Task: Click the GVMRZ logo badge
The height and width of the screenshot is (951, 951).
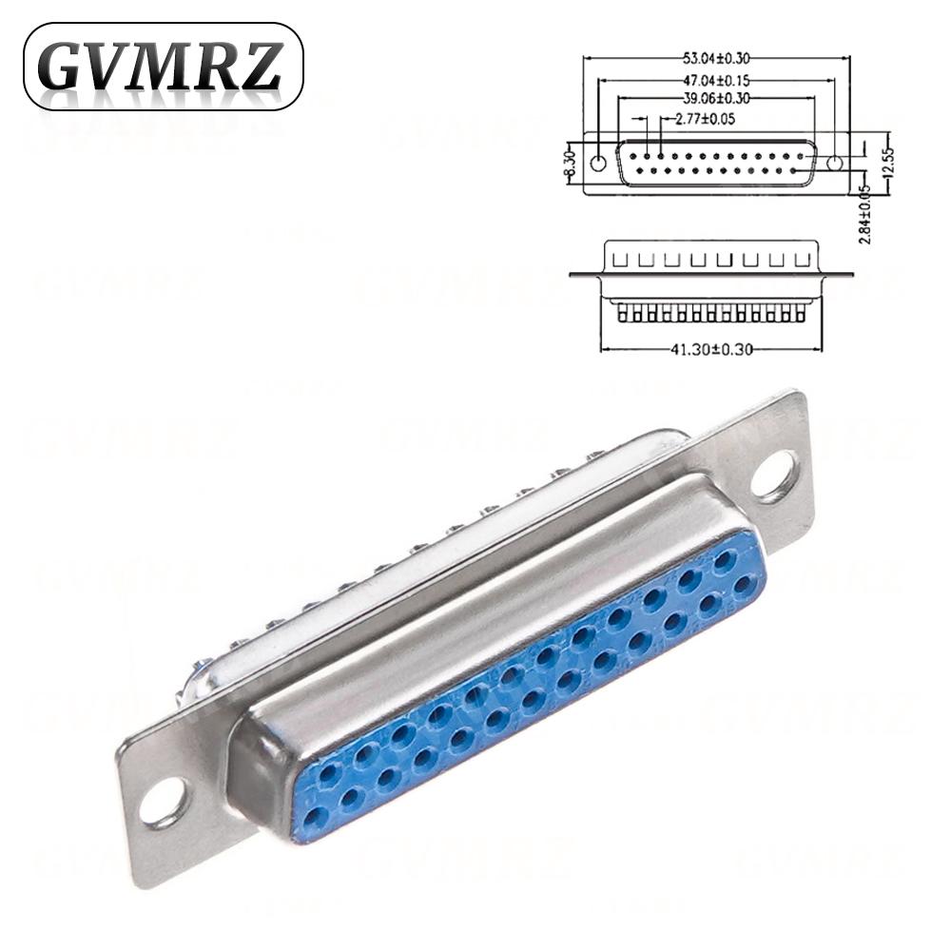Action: tap(163, 67)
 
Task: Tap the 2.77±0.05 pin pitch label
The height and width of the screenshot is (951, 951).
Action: tap(704, 119)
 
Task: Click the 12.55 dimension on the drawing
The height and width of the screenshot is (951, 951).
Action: tap(888, 163)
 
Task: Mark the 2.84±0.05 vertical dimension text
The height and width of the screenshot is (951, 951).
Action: tap(865, 213)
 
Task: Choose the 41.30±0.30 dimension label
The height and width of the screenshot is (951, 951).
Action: tap(711, 349)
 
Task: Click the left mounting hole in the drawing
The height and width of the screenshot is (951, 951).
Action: tap(597, 163)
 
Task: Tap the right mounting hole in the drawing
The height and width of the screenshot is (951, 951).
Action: tap(834, 163)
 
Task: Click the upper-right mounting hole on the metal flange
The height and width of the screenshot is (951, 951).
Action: tap(773, 475)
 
